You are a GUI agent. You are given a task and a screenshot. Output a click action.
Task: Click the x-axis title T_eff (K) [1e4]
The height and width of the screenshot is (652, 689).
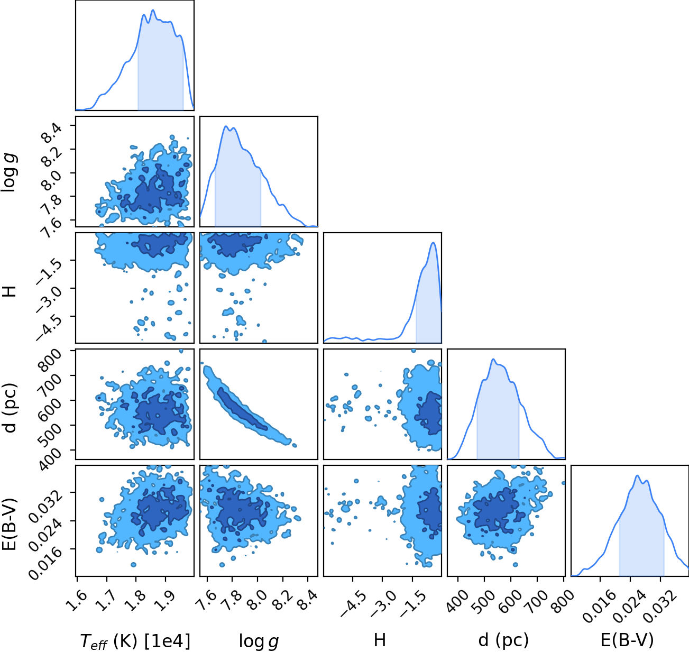click(135, 641)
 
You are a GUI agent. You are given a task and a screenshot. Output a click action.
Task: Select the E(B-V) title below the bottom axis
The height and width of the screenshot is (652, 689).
click(627, 640)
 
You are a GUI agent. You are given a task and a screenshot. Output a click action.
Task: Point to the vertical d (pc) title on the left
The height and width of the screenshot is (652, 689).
click(11, 409)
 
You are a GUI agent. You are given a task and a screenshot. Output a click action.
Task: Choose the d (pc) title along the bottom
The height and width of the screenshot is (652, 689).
click(503, 640)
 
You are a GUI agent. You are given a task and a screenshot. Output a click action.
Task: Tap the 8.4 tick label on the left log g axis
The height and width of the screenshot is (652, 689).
click(51, 134)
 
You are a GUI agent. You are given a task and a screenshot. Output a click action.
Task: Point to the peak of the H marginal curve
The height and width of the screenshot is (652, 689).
click(433, 243)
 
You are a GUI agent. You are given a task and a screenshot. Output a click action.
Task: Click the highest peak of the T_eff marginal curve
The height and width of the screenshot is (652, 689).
click(153, 10)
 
